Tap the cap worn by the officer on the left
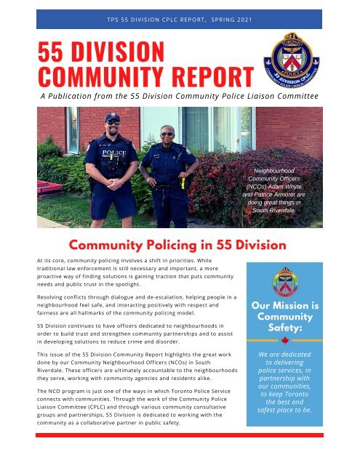pyautogui.click(x=112, y=117)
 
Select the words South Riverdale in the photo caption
pyautogui.click(x=273, y=211)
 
